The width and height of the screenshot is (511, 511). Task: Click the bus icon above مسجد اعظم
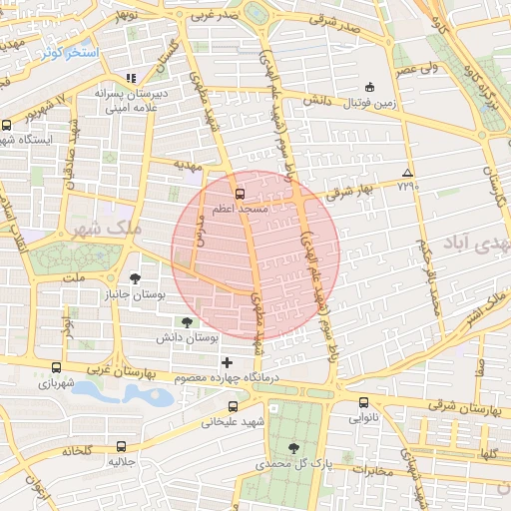tap(239, 194)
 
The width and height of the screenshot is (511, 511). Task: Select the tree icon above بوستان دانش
tap(186, 321)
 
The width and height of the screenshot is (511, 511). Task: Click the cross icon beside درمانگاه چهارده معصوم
tap(227, 362)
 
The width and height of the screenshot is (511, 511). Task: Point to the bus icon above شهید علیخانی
tap(233, 406)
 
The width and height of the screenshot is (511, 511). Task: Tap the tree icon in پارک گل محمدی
tap(292, 448)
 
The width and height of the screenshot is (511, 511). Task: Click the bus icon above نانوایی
tap(362, 403)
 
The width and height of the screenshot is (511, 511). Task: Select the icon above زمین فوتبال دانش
tap(370, 87)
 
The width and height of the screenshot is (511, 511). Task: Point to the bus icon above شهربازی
tap(56, 367)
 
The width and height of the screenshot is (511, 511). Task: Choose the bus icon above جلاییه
tap(121, 446)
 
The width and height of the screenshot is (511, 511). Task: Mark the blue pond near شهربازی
tap(139, 395)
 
